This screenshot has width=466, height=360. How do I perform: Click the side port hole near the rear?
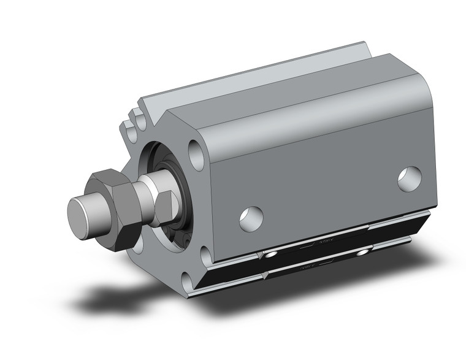click(x=410, y=178)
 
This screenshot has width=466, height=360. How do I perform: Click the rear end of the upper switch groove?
click(x=423, y=215)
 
